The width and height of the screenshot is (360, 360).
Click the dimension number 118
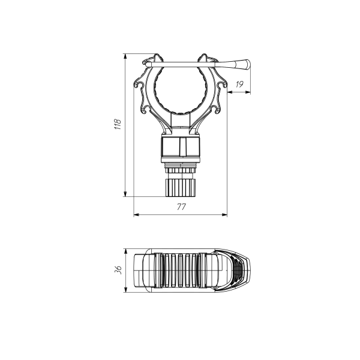click(x=118, y=124)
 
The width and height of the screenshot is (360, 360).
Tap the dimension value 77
click(x=181, y=206)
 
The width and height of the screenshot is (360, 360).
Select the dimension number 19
click(x=239, y=85)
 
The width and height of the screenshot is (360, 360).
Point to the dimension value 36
click(x=118, y=270)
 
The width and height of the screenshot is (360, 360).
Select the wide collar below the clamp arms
click(x=181, y=147)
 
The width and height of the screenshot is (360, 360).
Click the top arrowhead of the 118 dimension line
click(x=125, y=56)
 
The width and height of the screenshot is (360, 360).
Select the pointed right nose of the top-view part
click(x=249, y=271)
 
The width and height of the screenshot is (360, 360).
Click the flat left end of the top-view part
click(x=135, y=271)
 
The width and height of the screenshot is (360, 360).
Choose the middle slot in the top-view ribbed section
click(x=181, y=271)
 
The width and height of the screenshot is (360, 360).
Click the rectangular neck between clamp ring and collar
click(x=181, y=123)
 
